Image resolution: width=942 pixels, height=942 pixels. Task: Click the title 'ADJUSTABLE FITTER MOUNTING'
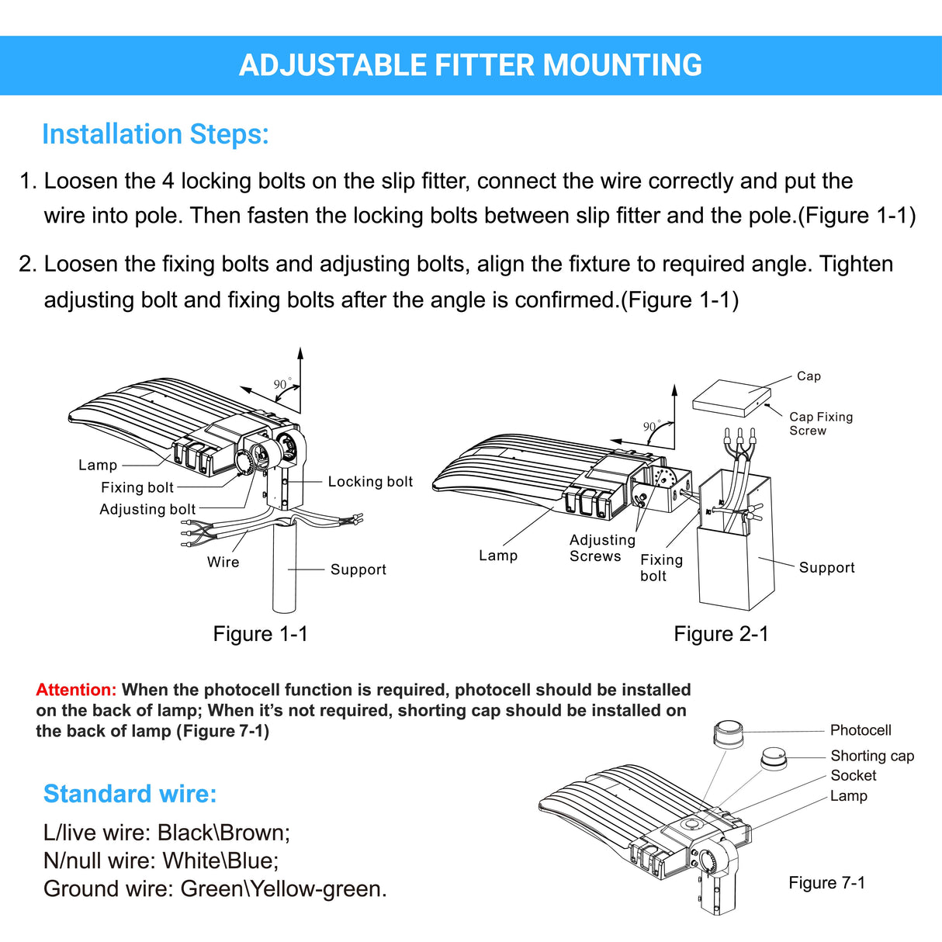point(470,66)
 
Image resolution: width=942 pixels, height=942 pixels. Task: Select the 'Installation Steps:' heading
point(155,134)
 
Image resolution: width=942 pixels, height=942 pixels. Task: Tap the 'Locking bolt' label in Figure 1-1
point(370,482)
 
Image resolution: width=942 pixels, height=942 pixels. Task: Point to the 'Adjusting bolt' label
point(147,510)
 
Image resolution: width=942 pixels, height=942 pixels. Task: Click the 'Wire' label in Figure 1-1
point(223,563)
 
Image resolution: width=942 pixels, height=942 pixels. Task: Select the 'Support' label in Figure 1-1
point(358,570)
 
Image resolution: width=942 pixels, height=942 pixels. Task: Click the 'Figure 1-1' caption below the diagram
point(260,634)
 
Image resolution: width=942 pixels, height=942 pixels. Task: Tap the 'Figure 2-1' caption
point(721,634)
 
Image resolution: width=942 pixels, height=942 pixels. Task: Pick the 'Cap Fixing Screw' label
point(820,424)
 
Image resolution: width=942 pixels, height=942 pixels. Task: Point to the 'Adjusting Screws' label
point(601,548)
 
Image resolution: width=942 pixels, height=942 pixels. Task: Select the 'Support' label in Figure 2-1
point(826,568)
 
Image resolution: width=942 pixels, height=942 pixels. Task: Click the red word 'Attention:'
point(76,690)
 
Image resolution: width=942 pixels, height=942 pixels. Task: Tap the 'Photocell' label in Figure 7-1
point(860,730)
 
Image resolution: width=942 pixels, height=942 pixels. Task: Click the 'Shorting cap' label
point(872,756)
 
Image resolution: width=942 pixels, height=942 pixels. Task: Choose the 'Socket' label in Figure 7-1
point(853,775)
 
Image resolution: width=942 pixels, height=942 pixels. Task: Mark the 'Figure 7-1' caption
point(826,883)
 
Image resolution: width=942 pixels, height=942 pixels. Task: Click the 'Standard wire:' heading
point(130,794)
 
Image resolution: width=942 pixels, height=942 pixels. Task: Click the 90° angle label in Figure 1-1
point(282,385)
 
